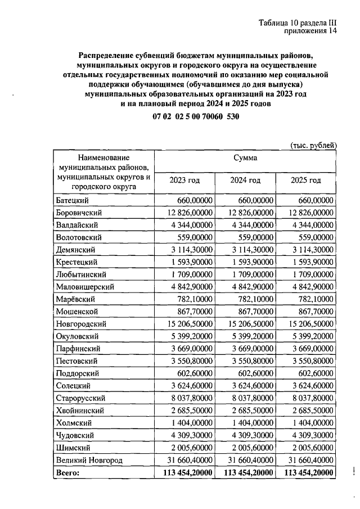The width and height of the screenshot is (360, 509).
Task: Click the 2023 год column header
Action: tap(184, 180)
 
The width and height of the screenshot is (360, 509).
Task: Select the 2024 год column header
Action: tap(245, 180)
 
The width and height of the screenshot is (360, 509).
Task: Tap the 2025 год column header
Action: tap(306, 180)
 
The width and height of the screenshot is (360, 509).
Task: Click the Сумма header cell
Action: tap(245, 158)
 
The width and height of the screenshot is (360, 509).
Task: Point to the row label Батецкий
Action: tap(73, 200)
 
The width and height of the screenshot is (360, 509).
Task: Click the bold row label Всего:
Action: tap(68, 472)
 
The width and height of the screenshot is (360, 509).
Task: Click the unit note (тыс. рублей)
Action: tap(313, 145)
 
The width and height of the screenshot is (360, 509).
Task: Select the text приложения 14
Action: tap(312, 31)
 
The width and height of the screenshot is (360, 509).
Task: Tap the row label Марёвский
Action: tap(75, 299)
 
